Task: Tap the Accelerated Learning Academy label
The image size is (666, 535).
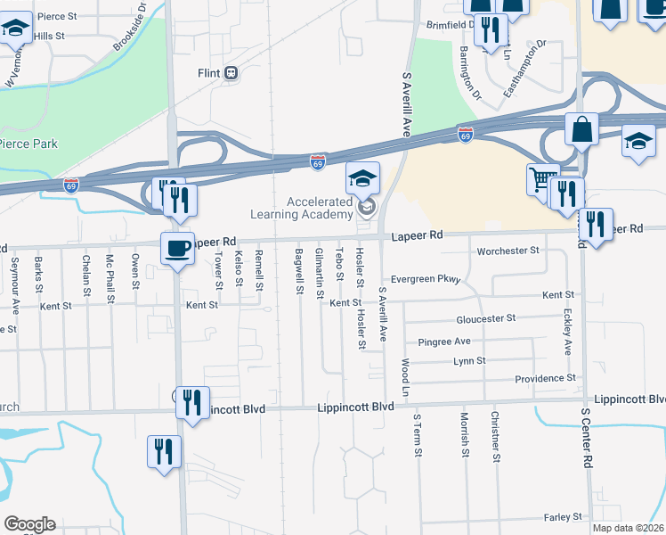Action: coord(320,209)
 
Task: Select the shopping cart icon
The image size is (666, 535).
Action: coord(542,179)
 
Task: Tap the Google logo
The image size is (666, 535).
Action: coord(29,524)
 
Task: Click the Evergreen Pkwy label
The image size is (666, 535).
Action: coord(426,279)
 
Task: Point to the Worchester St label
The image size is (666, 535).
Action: coord(508,251)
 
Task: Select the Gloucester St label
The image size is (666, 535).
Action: coord(485,317)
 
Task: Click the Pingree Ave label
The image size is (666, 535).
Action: coord(444,342)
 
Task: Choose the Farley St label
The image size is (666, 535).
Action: coord(562,516)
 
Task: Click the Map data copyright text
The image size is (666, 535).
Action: coord(628,528)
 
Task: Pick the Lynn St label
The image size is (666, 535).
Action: coord(468,360)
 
